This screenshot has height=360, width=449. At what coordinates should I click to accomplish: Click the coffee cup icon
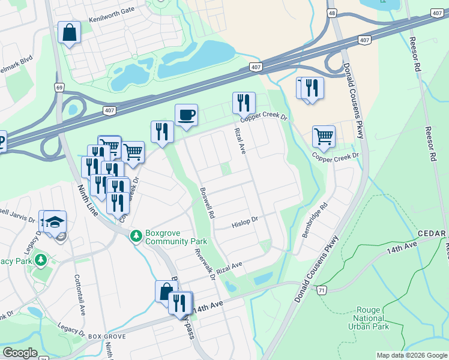click(186, 115)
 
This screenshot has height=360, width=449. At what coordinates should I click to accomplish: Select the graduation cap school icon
click(54, 221)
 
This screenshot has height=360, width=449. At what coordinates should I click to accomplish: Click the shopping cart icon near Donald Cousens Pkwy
click(324, 137)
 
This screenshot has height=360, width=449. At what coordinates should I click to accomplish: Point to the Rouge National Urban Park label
click(368, 319)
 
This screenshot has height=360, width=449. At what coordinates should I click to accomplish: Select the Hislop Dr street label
click(244, 223)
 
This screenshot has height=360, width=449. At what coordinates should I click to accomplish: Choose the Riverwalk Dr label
click(205, 265)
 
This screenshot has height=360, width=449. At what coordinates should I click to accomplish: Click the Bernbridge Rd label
click(315, 219)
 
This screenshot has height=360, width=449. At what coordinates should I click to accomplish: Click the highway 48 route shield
click(332, 11)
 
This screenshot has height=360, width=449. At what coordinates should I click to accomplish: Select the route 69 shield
click(59, 88)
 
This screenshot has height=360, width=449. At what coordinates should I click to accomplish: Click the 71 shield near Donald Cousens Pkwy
click(322, 290)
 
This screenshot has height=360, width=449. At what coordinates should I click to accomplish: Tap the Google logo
click(20, 353)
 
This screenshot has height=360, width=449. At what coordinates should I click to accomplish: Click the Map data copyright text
click(411, 355)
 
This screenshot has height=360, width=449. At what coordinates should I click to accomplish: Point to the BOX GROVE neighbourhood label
click(107, 337)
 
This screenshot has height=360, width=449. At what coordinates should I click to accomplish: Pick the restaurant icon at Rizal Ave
click(244, 103)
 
